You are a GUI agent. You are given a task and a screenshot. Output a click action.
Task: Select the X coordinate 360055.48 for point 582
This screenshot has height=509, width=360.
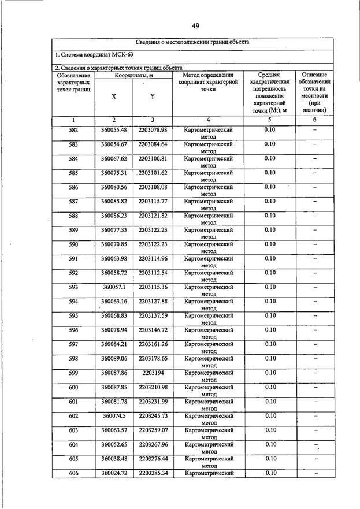pos(113,130)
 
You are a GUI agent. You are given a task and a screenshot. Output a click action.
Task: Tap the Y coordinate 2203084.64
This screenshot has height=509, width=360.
pos(153,144)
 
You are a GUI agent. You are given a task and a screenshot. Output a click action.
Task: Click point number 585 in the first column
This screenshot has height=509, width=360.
pos(73,173)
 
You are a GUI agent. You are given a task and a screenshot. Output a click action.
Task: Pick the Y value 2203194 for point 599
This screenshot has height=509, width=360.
pos(153,373)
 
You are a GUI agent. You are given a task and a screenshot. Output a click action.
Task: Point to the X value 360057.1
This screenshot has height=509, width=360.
pos(113,287)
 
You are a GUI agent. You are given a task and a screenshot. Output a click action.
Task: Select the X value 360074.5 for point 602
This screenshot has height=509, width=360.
pos(113,416)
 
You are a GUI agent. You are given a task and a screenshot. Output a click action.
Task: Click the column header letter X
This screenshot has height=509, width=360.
pos(113,96)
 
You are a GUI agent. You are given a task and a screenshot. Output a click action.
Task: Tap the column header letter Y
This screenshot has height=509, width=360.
pos(153,96)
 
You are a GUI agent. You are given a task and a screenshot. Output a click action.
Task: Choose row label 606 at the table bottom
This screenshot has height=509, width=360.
pos(73,473)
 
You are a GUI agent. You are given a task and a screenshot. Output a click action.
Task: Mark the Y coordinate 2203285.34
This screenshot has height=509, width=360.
pos(153,473)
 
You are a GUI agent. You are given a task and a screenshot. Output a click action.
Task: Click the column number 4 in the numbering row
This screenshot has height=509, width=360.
pos(208,120)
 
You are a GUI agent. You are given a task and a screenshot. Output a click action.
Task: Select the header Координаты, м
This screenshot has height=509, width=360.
pos(133,75)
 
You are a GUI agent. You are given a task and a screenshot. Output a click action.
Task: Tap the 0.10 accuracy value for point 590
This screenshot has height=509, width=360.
pos(270,244)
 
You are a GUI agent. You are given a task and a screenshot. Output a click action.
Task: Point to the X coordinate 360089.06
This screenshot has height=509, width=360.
pos(113,358)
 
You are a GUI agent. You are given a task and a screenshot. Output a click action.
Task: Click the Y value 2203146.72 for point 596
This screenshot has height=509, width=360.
pos(153,330)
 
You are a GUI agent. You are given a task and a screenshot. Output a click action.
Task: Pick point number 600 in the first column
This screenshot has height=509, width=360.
pos(73,387)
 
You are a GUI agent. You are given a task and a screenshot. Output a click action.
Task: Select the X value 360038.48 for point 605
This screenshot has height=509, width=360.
pos(113,459)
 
